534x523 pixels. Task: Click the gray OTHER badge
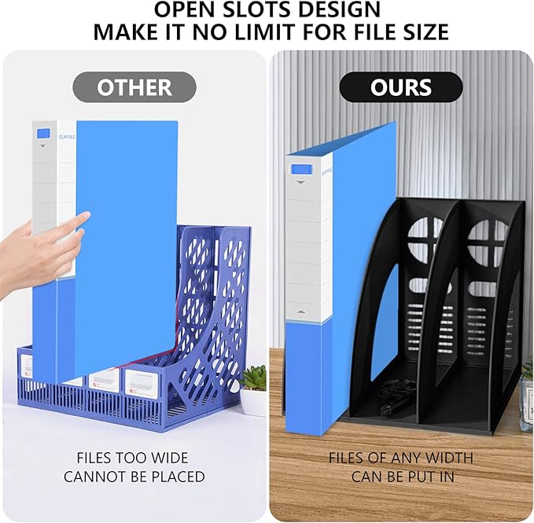click(134, 87)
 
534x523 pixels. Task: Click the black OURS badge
click(401, 87)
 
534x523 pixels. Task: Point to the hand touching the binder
click(39, 252)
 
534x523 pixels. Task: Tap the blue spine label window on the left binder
click(43, 134)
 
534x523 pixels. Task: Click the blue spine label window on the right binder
click(300, 169)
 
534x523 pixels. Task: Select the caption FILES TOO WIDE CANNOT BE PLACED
click(134, 466)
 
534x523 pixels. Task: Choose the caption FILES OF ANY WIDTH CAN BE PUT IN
click(401, 466)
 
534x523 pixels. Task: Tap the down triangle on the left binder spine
click(42, 146)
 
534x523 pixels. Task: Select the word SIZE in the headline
click(422, 33)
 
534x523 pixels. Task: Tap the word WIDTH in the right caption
click(448, 457)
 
